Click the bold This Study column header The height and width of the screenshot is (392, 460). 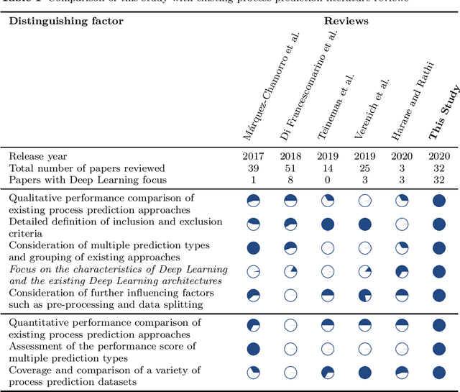(x=443, y=113)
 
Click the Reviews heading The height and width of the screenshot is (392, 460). (x=346, y=21)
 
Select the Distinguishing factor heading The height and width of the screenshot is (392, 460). (x=65, y=21)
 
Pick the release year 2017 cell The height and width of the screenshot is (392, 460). (x=253, y=156)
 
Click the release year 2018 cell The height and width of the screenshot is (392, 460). (x=290, y=156)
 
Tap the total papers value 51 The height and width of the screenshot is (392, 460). (x=290, y=168)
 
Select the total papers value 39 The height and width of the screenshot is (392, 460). (x=253, y=168)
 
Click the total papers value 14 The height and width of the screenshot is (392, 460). (x=327, y=168)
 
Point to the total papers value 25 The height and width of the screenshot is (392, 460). (x=364, y=168)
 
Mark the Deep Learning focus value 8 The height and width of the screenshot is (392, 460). (x=290, y=179)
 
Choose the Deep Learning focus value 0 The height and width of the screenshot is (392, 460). (x=327, y=179)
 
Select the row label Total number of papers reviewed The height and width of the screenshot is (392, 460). (x=87, y=168)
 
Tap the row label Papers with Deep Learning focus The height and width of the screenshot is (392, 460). (x=87, y=179)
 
